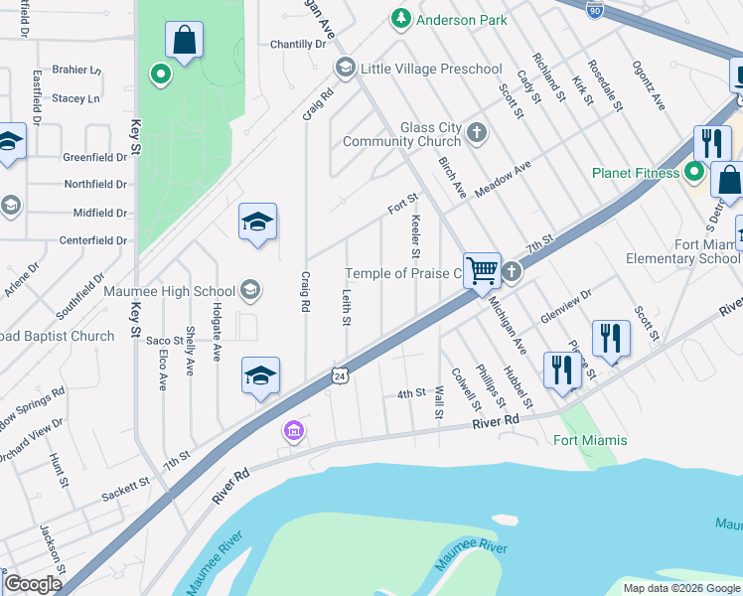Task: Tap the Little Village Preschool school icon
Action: pyautogui.click(x=346, y=69)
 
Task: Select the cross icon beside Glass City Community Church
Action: pyautogui.click(x=477, y=133)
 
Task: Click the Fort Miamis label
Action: pyautogui.click(x=590, y=440)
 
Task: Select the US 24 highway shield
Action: pyautogui.click(x=341, y=376)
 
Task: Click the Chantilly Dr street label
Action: pyautogui.click(x=298, y=45)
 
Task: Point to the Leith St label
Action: pyautogui.click(x=347, y=308)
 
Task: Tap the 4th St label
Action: pyautogui.click(x=411, y=394)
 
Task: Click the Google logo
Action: pyautogui.click(x=33, y=584)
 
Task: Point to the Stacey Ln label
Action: pyautogui.click(x=76, y=98)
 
